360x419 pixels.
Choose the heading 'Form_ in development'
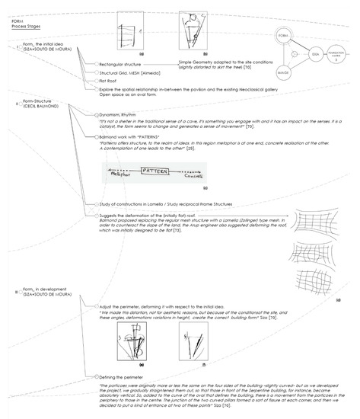(39, 290)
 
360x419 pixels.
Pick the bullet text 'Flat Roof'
(110, 79)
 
